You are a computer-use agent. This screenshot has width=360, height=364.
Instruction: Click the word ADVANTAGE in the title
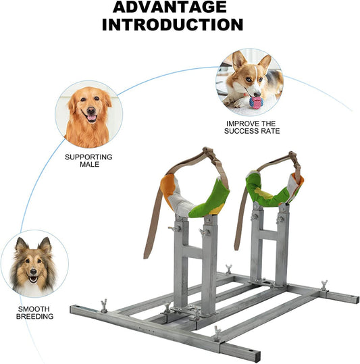click(170, 7)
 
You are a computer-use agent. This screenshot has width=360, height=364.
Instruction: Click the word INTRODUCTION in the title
click(172, 24)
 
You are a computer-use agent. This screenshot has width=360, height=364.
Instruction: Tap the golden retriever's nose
click(91, 110)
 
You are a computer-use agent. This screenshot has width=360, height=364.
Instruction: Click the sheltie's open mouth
click(33, 278)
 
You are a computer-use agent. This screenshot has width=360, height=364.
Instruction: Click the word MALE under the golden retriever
click(89, 164)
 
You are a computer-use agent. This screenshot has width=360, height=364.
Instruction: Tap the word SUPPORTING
click(88, 157)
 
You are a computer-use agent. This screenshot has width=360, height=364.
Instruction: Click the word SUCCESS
click(241, 131)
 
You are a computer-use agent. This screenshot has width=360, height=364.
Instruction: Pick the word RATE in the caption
click(270, 131)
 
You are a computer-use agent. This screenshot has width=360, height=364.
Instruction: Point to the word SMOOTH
click(34, 309)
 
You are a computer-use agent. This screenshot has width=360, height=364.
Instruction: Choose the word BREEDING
click(35, 317)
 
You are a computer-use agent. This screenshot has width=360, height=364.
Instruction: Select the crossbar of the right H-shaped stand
click(269, 234)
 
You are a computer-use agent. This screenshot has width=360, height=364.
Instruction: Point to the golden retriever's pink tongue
click(91, 118)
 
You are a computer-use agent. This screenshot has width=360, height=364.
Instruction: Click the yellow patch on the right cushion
click(265, 194)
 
